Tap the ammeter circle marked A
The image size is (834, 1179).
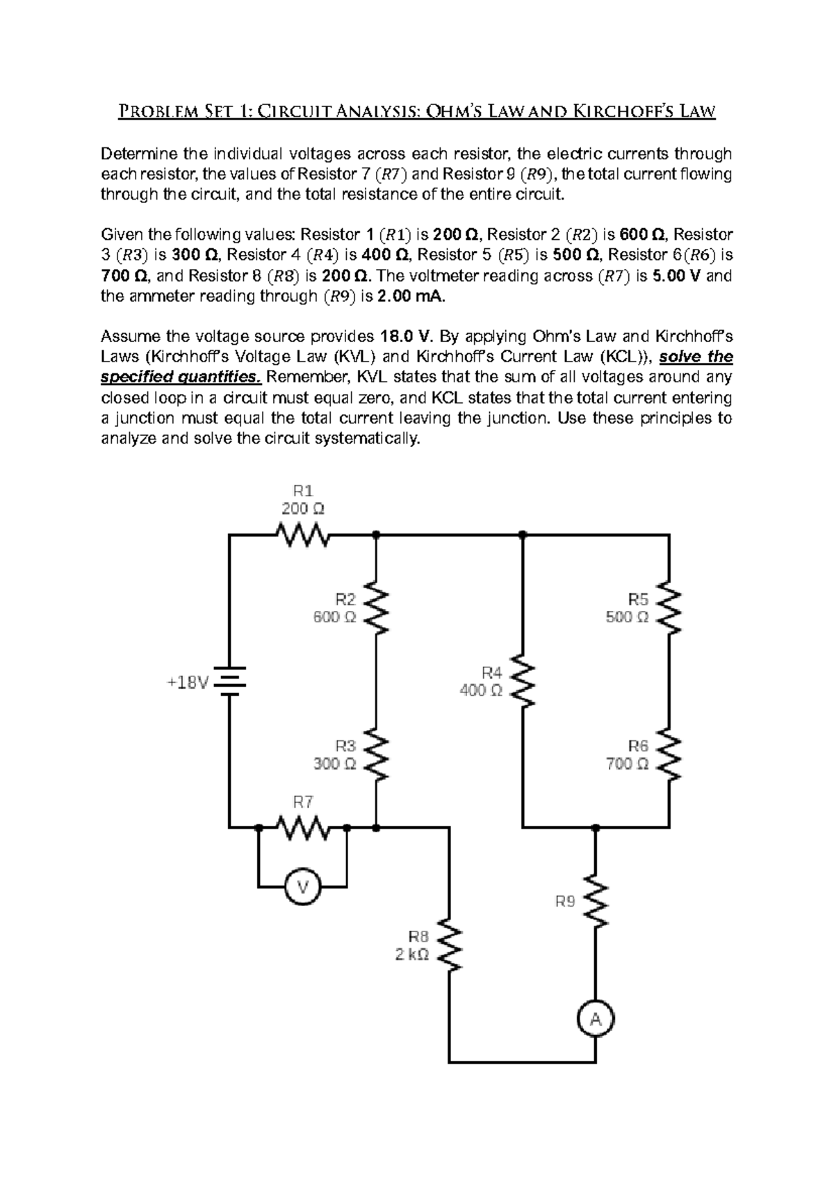(596, 1020)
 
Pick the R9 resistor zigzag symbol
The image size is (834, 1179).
(596, 901)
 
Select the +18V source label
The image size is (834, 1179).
(187, 683)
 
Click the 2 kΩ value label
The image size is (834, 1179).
(411, 954)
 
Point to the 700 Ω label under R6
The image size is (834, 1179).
(627, 764)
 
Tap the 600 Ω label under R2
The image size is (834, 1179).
(334, 617)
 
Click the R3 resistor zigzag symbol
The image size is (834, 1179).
(376, 755)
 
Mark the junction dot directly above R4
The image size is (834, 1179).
(523, 535)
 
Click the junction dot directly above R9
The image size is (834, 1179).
(596, 828)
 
